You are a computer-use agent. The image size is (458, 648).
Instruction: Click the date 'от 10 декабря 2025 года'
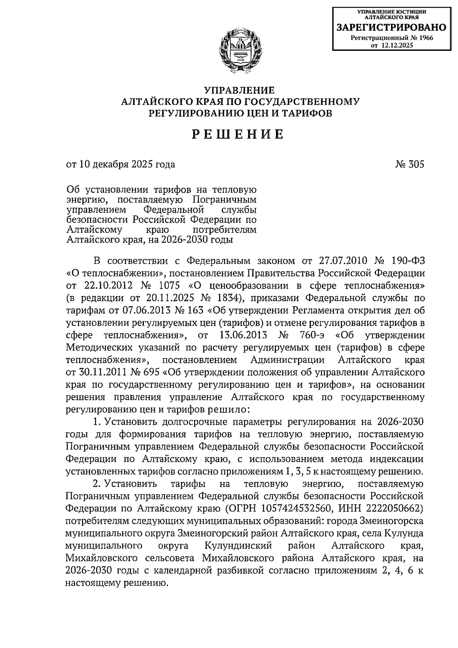(121, 165)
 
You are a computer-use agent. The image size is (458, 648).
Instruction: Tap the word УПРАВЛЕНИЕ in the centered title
(239, 91)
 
